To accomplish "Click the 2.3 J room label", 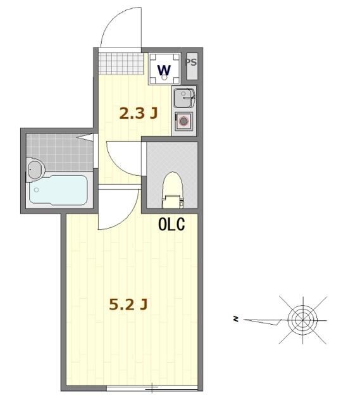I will [x=139, y=113].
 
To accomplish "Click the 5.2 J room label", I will [x=128, y=305].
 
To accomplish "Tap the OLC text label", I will [x=171, y=224].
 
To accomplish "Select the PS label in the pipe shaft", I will [x=190, y=62].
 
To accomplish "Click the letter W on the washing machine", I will [x=163, y=69].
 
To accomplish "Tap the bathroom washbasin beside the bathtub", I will [x=35, y=170].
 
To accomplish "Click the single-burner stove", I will [x=184, y=120].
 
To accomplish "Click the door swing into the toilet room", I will [x=120, y=155].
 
